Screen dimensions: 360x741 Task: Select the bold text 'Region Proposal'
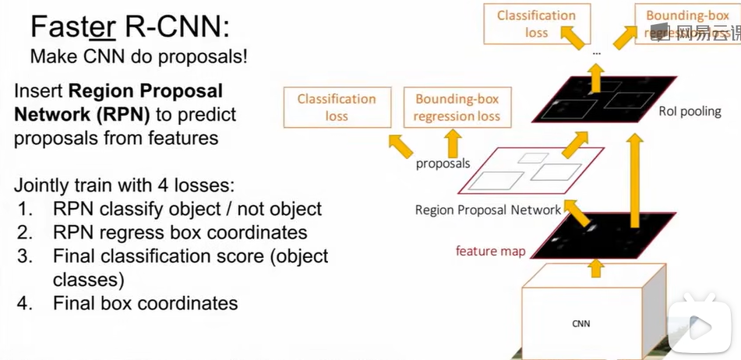[146, 91]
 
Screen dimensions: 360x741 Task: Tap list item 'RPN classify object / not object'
[187, 209]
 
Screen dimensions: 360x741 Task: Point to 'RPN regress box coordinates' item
[180, 232]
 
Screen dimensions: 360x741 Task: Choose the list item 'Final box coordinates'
[145, 302]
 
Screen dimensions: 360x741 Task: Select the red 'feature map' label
[491, 251]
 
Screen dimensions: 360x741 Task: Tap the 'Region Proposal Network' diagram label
[488, 210]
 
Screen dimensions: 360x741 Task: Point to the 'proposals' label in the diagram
[443, 164]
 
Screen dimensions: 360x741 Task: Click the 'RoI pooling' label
[690, 111]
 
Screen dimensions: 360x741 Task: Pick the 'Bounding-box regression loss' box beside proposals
[457, 108]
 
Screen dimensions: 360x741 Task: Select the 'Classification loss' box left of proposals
[337, 108]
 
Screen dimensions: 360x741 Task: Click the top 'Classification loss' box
[536, 24]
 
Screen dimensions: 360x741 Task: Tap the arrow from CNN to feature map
[596, 268]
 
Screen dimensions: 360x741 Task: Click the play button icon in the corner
[700, 328]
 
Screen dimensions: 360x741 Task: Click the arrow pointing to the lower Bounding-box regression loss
[452, 143]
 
